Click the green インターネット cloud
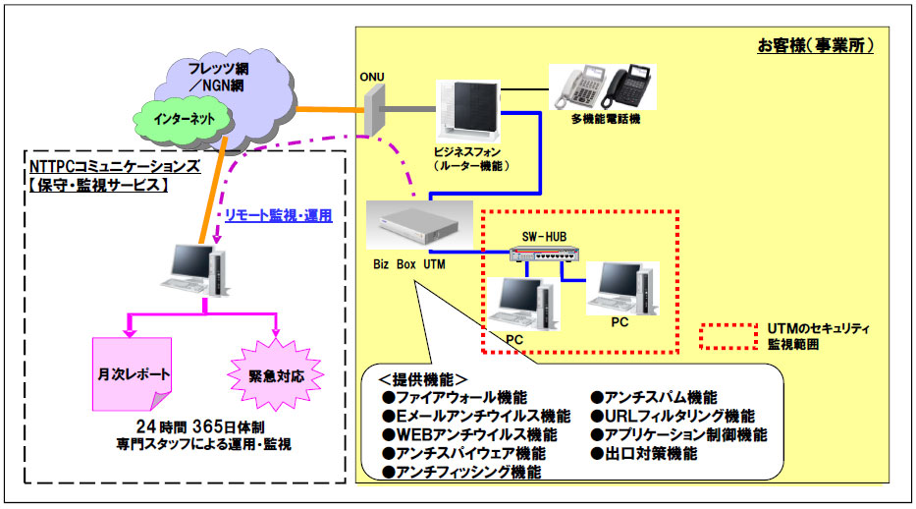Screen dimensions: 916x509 [184, 121]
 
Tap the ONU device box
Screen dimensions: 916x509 [374, 110]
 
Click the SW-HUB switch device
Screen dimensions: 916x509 [545, 254]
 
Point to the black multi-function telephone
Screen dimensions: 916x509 [628, 85]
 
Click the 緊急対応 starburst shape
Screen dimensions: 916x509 [276, 374]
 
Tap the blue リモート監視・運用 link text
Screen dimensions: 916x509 [279, 215]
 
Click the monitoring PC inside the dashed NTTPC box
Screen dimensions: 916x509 [194, 270]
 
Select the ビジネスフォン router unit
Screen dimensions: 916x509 [468, 111]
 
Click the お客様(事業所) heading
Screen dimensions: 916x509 [816, 45]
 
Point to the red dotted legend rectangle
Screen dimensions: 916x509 [729, 336]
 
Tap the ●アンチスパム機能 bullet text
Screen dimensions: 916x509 [654, 398]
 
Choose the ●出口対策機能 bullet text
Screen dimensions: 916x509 [644, 454]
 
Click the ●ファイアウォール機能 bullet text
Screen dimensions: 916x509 [455, 398]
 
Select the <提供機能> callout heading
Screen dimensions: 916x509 [423, 380]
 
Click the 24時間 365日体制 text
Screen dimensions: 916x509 [200, 427]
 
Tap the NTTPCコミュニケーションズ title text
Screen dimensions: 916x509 [115, 166]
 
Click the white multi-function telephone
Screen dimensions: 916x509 [577, 86]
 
